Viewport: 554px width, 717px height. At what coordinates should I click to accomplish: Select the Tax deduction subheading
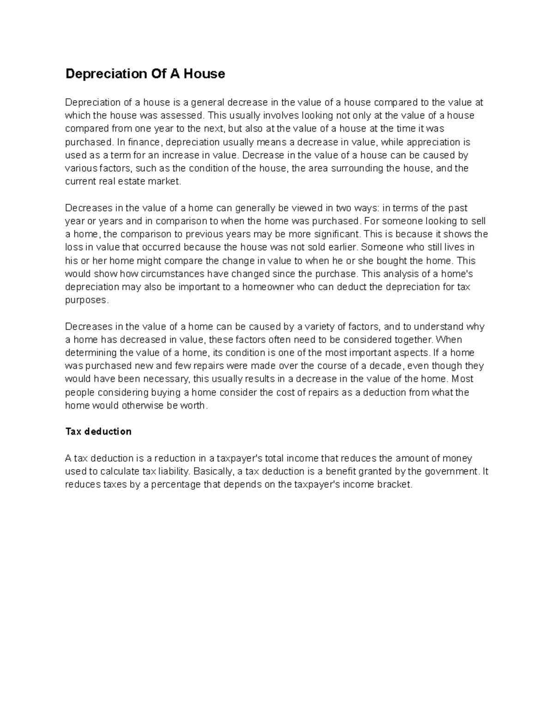tap(98, 432)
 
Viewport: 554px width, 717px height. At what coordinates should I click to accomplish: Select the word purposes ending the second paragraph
tap(86, 300)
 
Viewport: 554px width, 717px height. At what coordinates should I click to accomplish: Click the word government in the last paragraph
tap(450, 472)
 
